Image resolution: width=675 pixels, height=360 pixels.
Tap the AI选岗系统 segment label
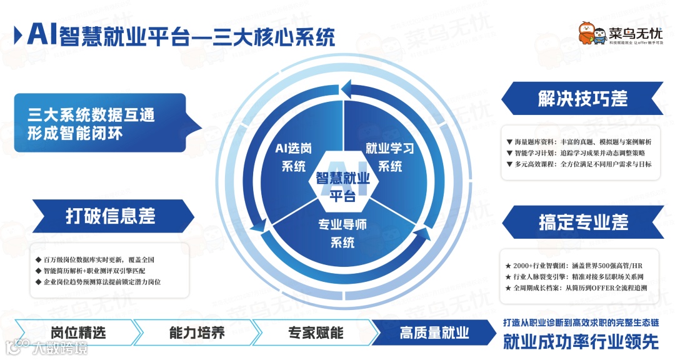(294, 157)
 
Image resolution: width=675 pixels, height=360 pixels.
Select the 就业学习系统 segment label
(389, 157)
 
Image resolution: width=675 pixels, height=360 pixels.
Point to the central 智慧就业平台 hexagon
(341, 186)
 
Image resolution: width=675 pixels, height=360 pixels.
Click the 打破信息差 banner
(110, 216)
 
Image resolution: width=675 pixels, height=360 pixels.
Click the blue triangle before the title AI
(19, 34)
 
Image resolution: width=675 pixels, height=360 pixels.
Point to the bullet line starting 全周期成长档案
(581, 288)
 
